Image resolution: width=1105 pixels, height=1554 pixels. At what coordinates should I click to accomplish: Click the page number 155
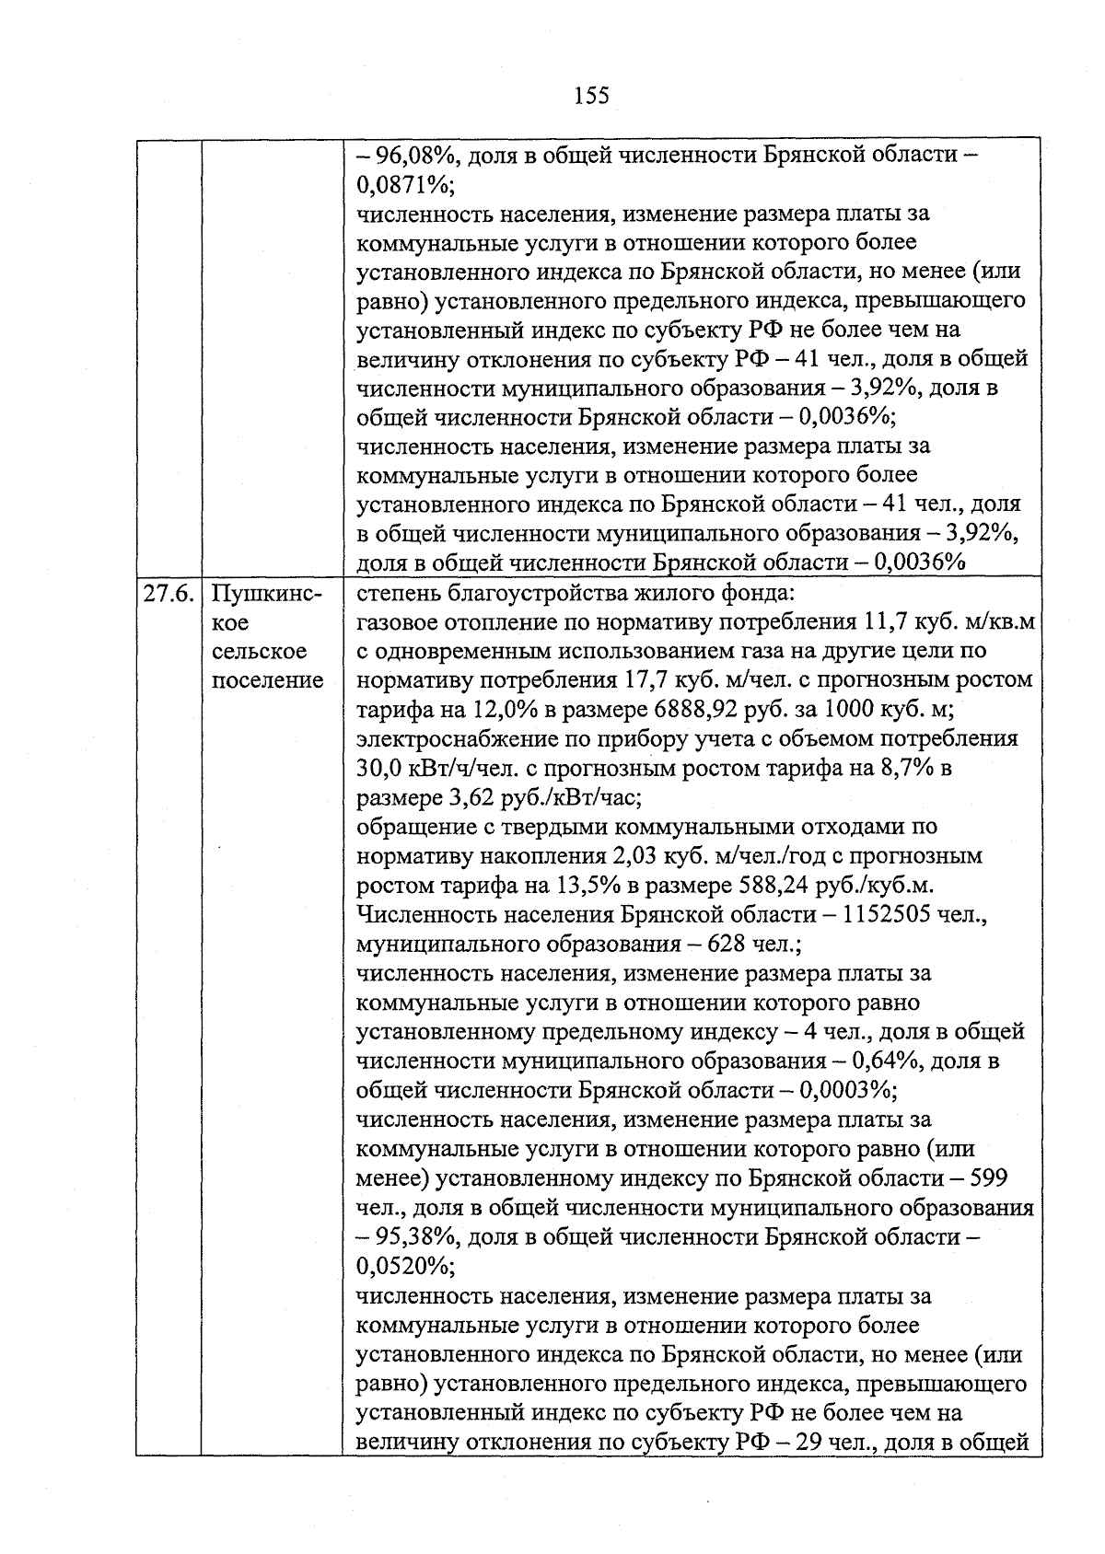(591, 95)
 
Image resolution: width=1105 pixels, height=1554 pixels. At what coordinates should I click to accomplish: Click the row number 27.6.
(168, 594)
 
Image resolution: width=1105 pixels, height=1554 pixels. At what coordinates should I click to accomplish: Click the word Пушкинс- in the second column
(267, 594)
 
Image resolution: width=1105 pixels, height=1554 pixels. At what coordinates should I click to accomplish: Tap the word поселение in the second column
(268, 680)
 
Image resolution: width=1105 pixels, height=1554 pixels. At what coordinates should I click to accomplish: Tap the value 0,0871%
(401, 184)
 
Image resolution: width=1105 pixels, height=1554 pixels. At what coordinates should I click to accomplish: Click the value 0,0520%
(401, 1267)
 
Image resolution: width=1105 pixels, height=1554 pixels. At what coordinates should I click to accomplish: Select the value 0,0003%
(844, 1090)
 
